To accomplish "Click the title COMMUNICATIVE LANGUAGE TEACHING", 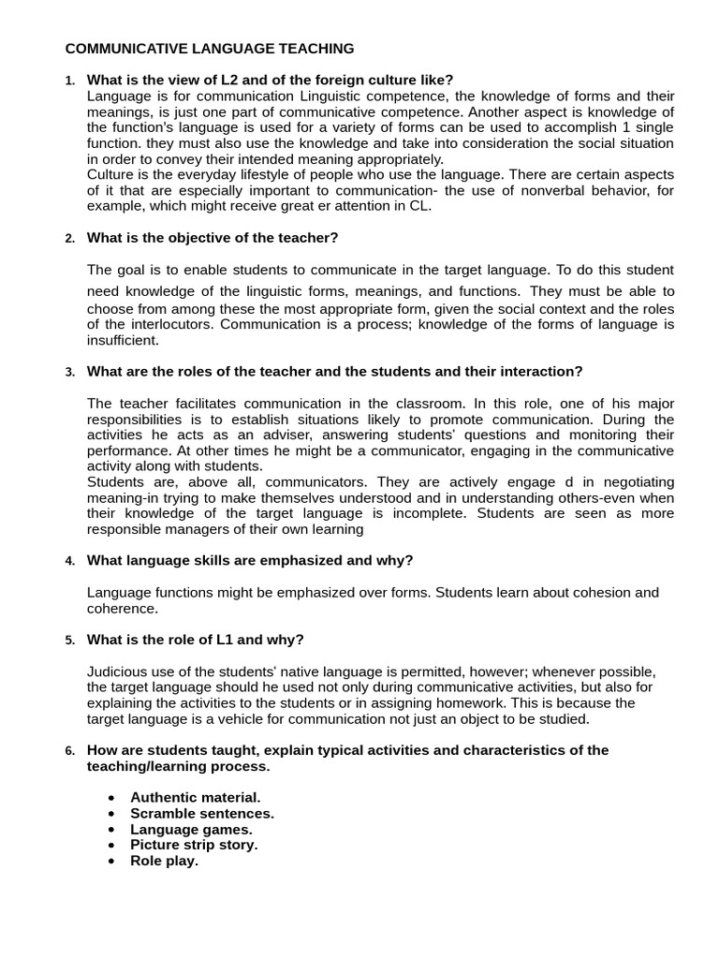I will click(x=209, y=48).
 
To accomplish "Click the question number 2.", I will click(x=70, y=239).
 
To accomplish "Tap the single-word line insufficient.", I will click(x=122, y=341).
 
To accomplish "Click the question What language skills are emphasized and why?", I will click(x=250, y=560).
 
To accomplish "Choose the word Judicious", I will click(x=118, y=671).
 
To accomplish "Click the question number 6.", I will click(x=70, y=751).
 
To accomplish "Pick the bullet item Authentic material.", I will click(x=195, y=797).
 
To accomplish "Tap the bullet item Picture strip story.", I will click(x=194, y=845).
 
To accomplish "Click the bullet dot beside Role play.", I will click(x=112, y=862).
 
